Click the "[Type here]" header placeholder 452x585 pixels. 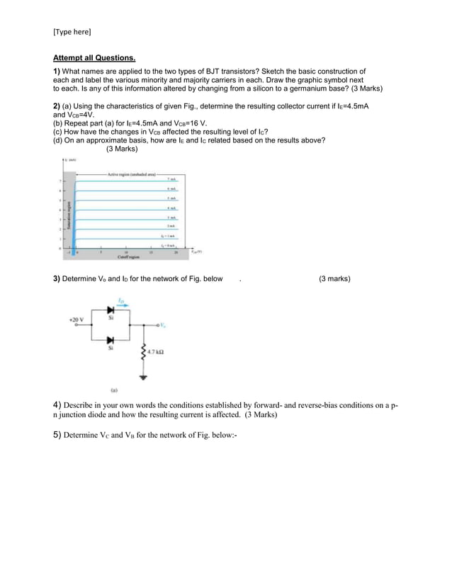click(x=72, y=32)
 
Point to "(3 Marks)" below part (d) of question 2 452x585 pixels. click(x=122, y=149)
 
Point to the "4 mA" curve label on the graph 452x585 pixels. click(x=172, y=208)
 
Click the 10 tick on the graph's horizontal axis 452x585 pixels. click(x=126, y=251)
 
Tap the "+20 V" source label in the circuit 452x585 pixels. click(x=76, y=319)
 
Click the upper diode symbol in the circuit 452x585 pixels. click(x=110, y=310)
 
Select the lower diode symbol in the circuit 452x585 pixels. click(x=110, y=341)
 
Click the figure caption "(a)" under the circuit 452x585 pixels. click(x=114, y=390)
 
